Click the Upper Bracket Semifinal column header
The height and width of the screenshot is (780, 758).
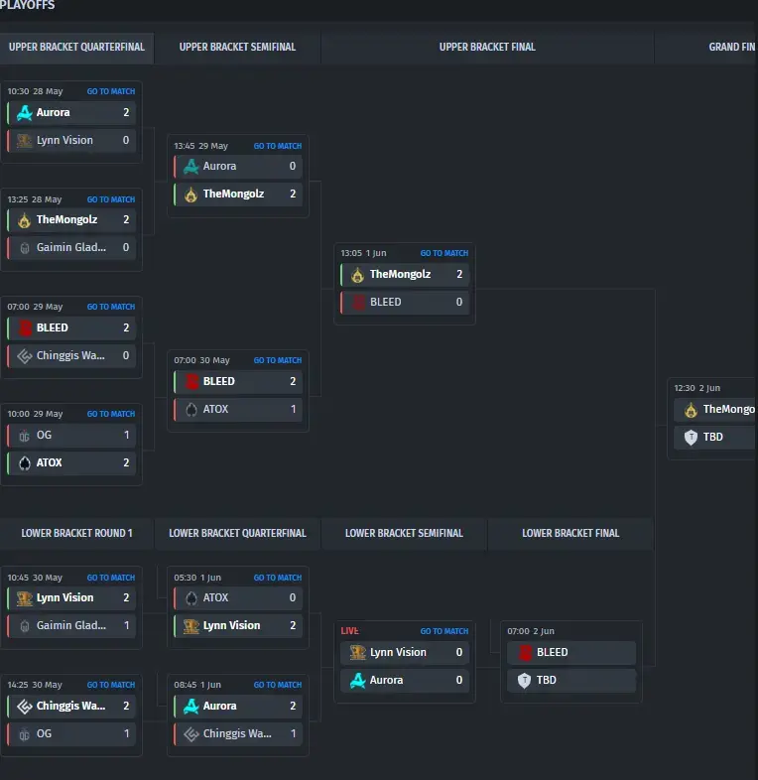[237, 47]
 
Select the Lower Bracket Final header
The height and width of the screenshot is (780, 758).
[570, 533]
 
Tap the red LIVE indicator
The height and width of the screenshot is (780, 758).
[349, 631]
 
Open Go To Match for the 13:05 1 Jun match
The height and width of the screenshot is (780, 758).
[444, 253]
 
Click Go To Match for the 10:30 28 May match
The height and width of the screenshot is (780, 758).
[111, 91]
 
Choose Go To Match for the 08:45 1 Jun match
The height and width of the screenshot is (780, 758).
[278, 685]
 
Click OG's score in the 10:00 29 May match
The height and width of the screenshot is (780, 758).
[126, 435]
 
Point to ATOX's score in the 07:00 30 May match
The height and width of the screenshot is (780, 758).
[293, 409]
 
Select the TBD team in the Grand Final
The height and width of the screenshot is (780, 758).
[712, 437]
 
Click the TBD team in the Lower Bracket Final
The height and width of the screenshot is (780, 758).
[546, 680]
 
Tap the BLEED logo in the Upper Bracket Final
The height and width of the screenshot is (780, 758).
[358, 302]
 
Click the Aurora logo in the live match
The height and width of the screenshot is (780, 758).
[357, 680]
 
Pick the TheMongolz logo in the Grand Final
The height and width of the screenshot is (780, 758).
[691, 410]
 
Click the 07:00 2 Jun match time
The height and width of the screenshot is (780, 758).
[531, 631]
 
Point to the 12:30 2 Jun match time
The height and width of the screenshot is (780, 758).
[696, 388]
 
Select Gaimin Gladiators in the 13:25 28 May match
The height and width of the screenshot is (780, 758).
[71, 247]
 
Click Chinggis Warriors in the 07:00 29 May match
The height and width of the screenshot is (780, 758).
[70, 355]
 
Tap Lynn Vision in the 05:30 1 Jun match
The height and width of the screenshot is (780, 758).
[231, 625]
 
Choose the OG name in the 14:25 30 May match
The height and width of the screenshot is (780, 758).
[44, 733]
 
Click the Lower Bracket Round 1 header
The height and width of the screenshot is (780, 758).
[76, 533]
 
